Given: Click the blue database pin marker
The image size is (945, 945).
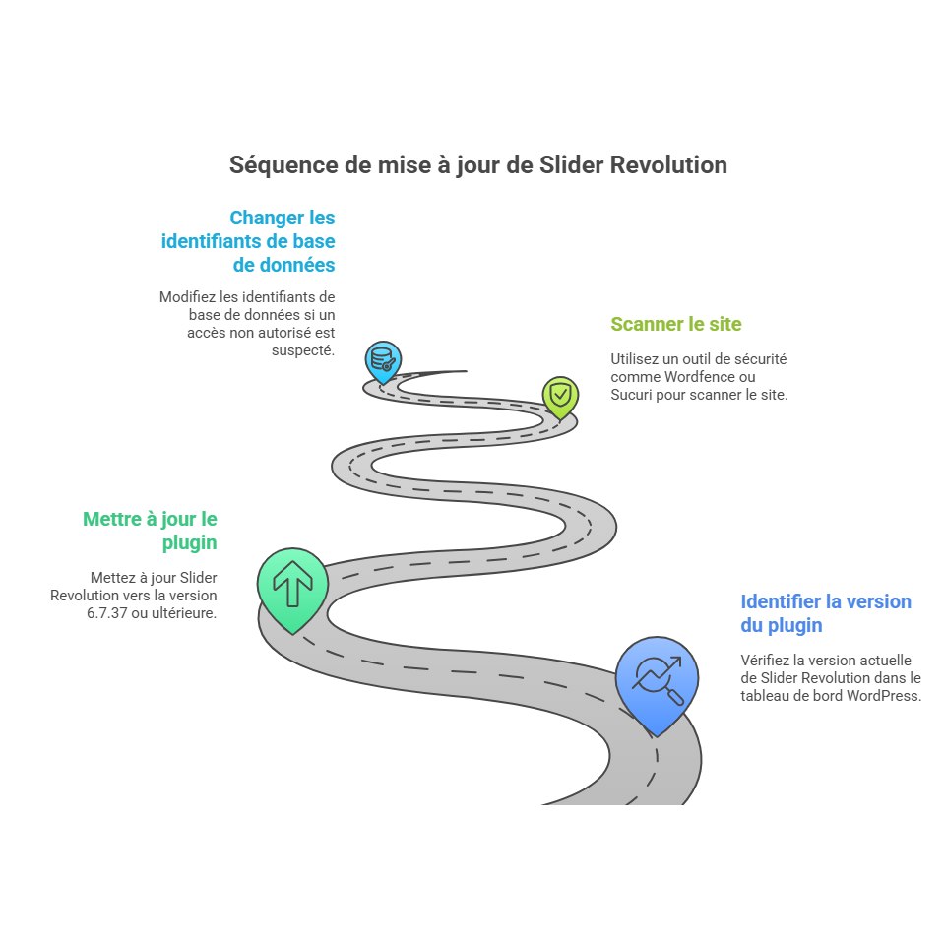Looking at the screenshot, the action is click(383, 361).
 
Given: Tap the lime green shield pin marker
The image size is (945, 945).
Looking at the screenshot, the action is click(560, 397).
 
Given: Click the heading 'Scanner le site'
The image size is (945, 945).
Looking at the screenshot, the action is click(676, 324).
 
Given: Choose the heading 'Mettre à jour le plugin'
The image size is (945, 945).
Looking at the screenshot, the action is click(150, 531).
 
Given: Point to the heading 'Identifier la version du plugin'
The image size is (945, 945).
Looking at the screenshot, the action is click(826, 613).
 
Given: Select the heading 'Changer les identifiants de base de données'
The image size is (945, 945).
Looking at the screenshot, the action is click(248, 241).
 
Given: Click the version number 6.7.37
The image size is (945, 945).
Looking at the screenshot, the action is click(106, 613).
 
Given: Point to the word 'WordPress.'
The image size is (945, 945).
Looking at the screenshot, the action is click(884, 696).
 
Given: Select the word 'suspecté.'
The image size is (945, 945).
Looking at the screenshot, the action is click(303, 350).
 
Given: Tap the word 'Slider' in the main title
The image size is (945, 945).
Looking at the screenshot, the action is click(571, 164).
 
